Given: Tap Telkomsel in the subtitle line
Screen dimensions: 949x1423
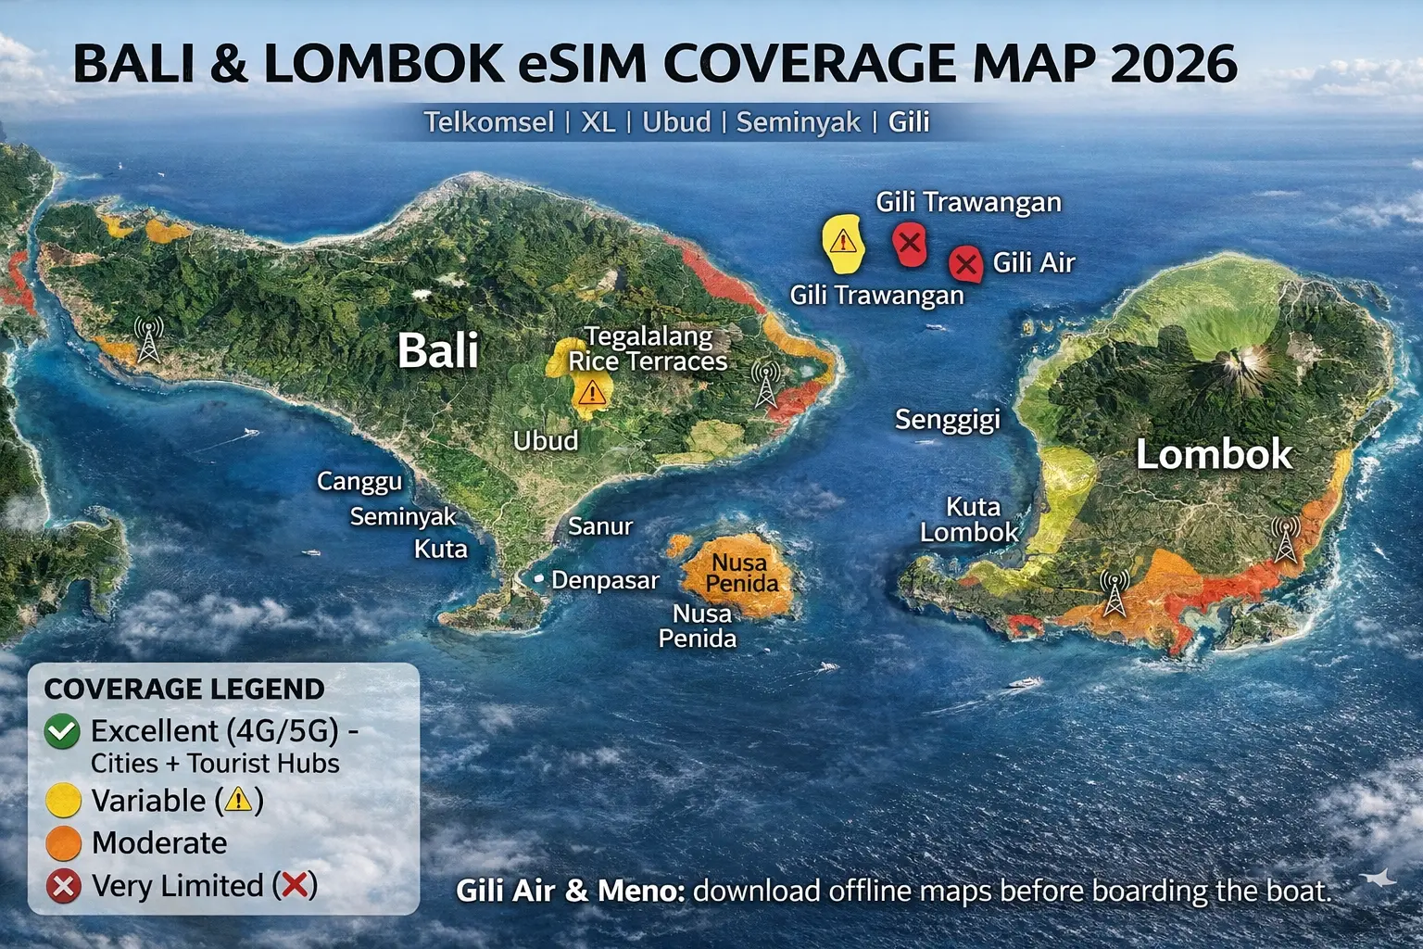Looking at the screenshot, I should [x=489, y=122].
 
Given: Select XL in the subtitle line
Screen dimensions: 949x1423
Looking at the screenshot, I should [x=598, y=122].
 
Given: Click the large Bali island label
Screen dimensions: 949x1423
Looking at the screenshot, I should [x=438, y=351].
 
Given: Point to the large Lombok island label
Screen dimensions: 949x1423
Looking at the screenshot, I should [x=1214, y=454].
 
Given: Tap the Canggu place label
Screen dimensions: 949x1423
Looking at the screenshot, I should [x=359, y=482].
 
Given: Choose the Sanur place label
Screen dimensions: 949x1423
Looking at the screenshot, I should [x=600, y=526].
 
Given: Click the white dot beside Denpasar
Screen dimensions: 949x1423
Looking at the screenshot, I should [x=538, y=578].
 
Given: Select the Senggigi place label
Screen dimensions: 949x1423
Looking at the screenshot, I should [x=947, y=420].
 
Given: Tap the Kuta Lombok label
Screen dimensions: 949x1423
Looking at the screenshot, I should [x=970, y=519].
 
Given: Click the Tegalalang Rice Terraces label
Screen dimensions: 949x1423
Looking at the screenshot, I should [x=649, y=348].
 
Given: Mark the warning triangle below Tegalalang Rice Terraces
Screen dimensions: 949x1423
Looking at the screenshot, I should [x=590, y=394].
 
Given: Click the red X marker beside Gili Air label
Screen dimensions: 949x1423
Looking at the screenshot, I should [x=965, y=264].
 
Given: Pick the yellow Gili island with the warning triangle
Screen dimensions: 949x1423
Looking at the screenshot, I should [x=842, y=244].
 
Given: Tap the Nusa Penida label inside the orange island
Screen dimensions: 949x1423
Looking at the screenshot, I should [x=741, y=573].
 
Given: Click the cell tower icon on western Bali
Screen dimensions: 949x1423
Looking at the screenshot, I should [x=148, y=339].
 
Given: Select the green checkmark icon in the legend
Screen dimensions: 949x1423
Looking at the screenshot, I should [x=62, y=732].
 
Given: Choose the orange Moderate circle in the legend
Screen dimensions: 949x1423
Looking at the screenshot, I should [x=63, y=843].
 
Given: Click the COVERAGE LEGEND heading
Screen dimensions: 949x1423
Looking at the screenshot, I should [x=184, y=689].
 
